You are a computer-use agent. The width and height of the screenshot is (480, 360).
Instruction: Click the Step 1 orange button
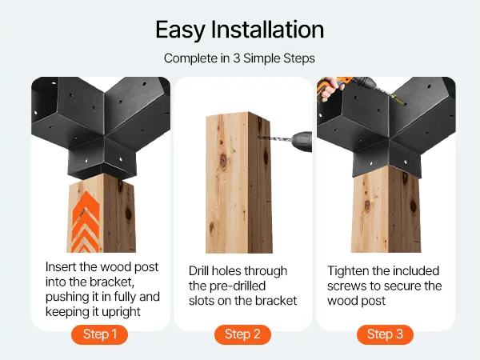pos(99,334)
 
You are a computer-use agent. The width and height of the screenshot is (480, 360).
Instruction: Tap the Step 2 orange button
pos(242,334)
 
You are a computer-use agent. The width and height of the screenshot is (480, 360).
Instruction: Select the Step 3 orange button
pos(385,334)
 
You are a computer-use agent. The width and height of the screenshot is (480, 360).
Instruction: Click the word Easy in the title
pos(180,30)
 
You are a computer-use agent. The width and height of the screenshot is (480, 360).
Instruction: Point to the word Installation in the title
pos(267,30)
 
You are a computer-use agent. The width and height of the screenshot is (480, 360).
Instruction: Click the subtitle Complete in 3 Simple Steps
pos(239,58)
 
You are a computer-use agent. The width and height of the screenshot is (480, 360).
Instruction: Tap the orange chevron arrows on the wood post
pos(86,222)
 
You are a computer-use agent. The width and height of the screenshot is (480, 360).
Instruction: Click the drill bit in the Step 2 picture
pos(274,139)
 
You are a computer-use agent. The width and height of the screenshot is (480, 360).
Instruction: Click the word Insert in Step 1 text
pos(61,266)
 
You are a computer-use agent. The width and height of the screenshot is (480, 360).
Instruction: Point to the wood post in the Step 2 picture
pos(238,184)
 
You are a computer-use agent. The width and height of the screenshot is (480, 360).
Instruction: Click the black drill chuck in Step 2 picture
pos(302,142)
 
